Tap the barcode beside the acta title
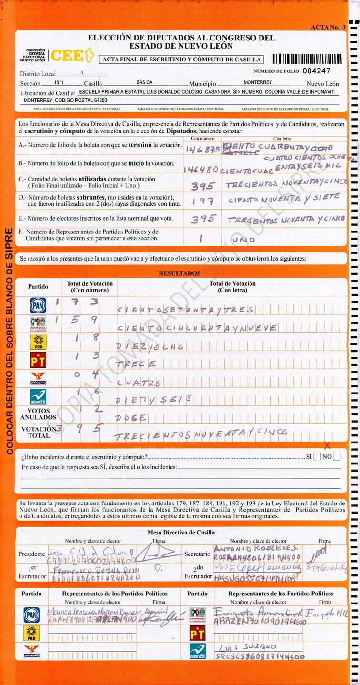click(x=307, y=59)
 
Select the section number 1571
click(x=59, y=82)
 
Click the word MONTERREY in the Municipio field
click(x=258, y=82)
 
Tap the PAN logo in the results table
click(x=38, y=305)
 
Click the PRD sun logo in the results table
click(x=38, y=341)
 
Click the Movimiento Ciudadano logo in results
click(x=38, y=378)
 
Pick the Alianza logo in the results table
click(x=38, y=396)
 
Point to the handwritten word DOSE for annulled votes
click(x=131, y=417)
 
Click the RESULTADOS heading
click(x=180, y=273)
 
